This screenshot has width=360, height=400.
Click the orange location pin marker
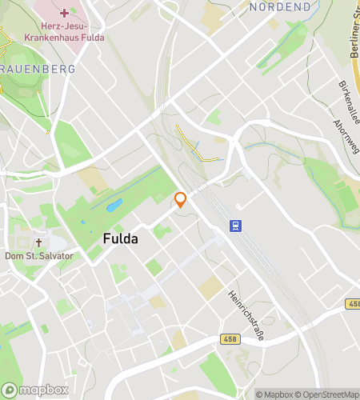[181, 199]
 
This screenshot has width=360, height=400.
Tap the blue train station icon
[236, 226]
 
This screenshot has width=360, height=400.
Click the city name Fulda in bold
[121, 238]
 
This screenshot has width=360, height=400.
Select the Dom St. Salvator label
[38, 256]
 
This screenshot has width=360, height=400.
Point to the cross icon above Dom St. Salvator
[38, 242]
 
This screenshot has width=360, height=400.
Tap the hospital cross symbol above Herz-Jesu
[64, 14]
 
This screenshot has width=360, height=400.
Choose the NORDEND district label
[280, 6]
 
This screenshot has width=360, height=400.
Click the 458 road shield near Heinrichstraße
[230, 339]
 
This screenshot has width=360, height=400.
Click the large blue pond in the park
[114, 206]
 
